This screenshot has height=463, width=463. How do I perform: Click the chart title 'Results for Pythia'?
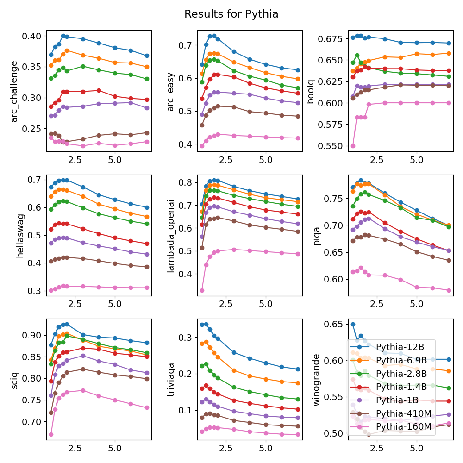click(231, 14)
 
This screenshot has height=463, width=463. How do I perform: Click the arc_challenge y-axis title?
click(14, 91)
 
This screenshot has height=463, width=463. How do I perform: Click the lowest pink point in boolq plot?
click(353, 146)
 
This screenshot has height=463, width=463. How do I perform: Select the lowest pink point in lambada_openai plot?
click(202, 290)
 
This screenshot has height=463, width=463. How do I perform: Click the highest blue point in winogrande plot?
click(353, 325)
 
